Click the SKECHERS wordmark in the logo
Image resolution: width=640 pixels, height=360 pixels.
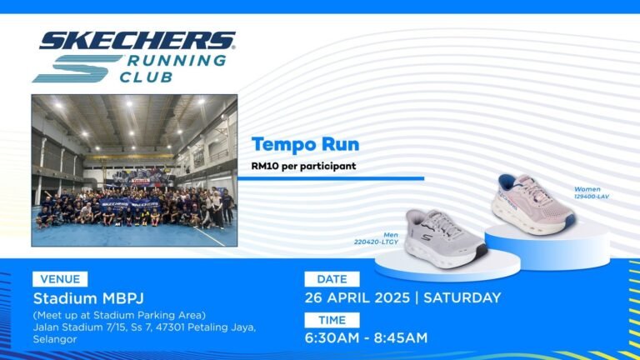click(137, 40)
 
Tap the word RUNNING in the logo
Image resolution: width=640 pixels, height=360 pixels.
click(177, 60)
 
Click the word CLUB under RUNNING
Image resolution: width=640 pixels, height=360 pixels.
click(146, 77)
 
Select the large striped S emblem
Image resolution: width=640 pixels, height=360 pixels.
click(77, 68)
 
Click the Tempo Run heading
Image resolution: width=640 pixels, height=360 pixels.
click(305, 144)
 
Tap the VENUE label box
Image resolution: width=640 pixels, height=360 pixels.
click(60, 279)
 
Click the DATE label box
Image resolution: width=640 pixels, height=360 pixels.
click(332, 279)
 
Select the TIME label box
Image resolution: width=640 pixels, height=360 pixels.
click(332, 320)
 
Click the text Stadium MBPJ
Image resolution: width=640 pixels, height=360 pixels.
click(88, 298)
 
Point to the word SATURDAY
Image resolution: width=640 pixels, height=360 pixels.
click(462, 297)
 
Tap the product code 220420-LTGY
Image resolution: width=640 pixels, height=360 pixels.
click(376, 242)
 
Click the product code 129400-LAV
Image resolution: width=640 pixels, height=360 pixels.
click(592, 197)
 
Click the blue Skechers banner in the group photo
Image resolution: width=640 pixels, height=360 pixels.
click(130, 202)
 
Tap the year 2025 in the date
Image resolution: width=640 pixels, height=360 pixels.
click(392, 297)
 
